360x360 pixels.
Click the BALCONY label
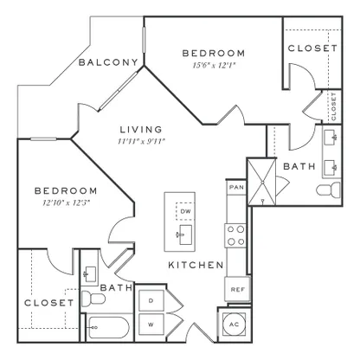(108, 62)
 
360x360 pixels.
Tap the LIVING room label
(141, 130)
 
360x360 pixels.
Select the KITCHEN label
(196, 265)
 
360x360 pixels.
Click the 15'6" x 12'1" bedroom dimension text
(215, 66)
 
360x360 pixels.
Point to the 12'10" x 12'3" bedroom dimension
(67, 202)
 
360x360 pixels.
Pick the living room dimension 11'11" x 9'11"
(141, 141)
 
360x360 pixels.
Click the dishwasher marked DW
(185, 211)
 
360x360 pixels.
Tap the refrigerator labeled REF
(237, 289)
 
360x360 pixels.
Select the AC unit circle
(235, 325)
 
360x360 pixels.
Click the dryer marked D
(151, 301)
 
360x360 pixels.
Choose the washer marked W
(151, 325)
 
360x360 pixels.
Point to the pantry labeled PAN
(236, 187)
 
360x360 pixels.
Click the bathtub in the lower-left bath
(107, 328)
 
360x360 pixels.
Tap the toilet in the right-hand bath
(328, 190)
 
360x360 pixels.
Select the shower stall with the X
(262, 182)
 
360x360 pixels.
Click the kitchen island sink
(183, 235)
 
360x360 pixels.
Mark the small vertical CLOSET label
(334, 106)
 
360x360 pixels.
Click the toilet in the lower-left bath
(93, 299)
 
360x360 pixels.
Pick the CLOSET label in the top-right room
(312, 48)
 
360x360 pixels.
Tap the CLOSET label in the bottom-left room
(49, 303)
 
